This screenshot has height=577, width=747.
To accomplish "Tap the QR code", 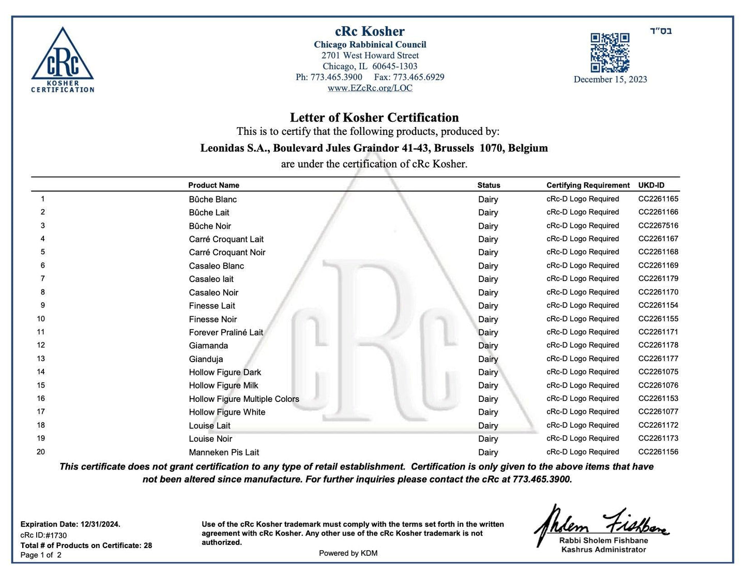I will pyautogui.click(x=610, y=53).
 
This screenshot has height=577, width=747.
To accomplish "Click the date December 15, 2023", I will pyautogui.click(x=610, y=79).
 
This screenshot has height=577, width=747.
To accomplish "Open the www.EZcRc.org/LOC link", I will pyautogui.click(x=370, y=88).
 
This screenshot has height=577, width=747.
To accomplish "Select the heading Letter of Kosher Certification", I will pyautogui.click(x=374, y=117).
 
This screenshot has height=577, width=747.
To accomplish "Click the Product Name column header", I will pyautogui.click(x=214, y=185).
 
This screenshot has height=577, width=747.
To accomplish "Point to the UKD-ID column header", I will pyautogui.click(x=651, y=185).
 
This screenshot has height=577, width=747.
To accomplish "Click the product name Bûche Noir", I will pyautogui.click(x=210, y=226).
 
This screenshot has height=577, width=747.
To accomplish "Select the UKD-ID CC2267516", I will pyautogui.click(x=658, y=225).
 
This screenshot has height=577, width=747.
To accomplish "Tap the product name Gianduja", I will pyautogui.click(x=206, y=359).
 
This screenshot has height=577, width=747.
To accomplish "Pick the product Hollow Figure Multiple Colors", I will pyautogui.click(x=244, y=399).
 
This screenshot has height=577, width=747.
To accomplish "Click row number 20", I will pyautogui.click(x=41, y=451).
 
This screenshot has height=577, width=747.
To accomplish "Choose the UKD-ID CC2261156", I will pyautogui.click(x=658, y=451).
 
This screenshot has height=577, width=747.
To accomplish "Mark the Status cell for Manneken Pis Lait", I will pyautogui.click(x=488, y=452).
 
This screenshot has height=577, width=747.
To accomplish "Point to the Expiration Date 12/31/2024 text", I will pyautogui.click(x=70, y=524).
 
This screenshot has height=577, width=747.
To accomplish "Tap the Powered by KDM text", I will pyautogui.click(x=348, y=553).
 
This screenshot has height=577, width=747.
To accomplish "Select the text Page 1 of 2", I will pyautogui.click(x=41, y=555).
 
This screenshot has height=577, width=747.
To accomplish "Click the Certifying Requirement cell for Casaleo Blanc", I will pyautogui.click(x=583, y=266).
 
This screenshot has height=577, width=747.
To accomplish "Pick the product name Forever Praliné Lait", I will pyautogui.click(x=226, y=332).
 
